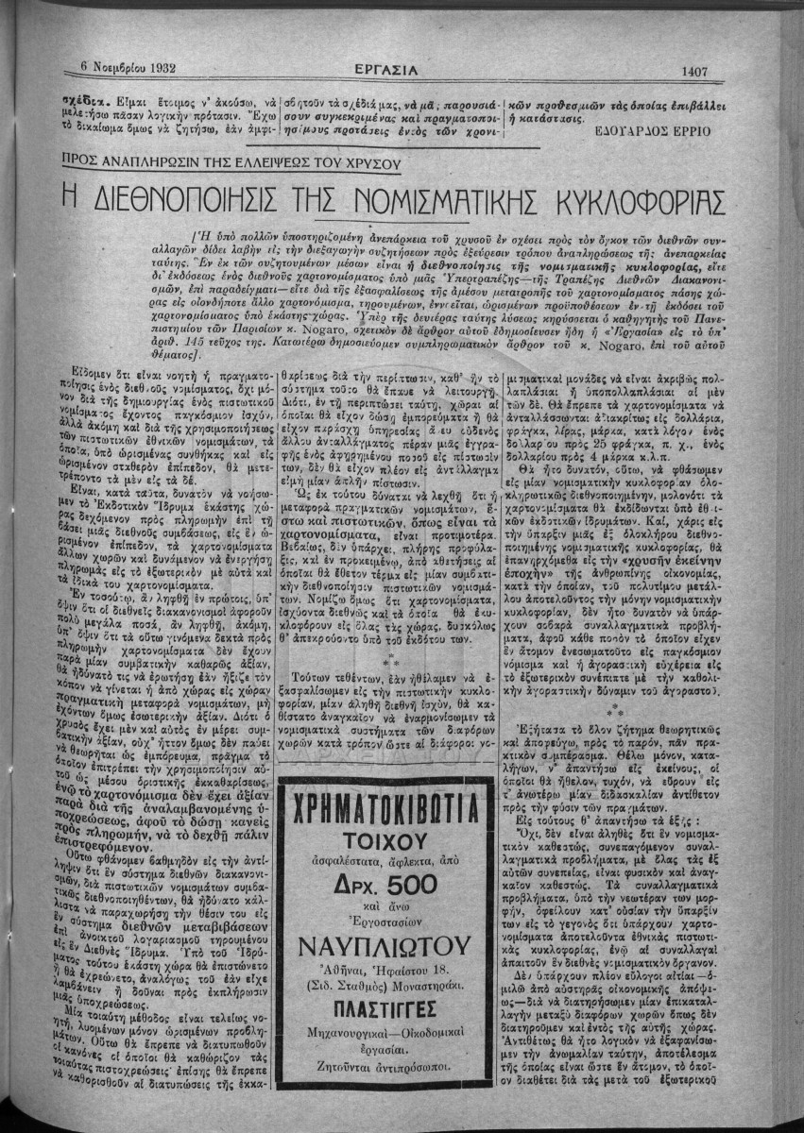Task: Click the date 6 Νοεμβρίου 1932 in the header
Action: (x=124, y=67)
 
